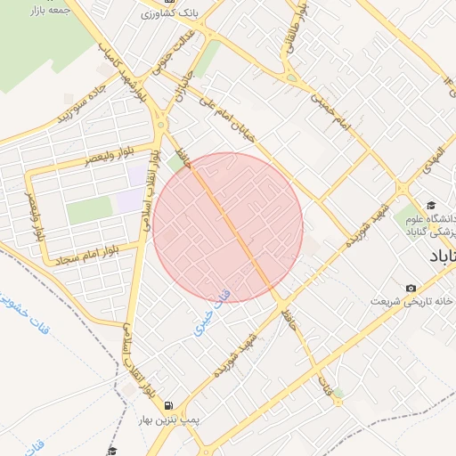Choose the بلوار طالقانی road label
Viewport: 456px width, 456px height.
pos(295,31)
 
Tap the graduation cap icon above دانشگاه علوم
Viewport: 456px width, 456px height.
pos(431,206)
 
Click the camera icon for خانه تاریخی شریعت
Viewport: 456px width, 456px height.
pos(411,288)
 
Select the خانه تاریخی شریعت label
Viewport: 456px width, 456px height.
pos(412,302)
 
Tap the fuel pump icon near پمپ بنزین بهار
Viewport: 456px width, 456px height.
pos(167,405)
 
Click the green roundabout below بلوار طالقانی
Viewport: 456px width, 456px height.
pos(290,78)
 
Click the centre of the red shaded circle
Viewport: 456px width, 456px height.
pos(228,227)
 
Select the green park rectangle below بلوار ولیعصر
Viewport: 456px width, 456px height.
pos(89,210)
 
